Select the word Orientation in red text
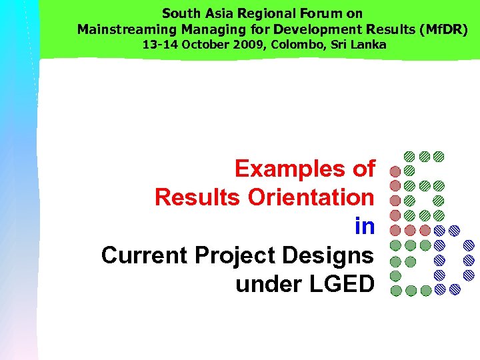(x=311, y=197)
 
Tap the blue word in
(x=365, y=226)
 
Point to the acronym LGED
(x=342, y=284)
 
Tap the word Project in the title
(x=237, y=255)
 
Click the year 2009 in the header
(x=237, y=45)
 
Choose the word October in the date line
(x=198, y=45)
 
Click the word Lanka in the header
(x=369, y=45)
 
